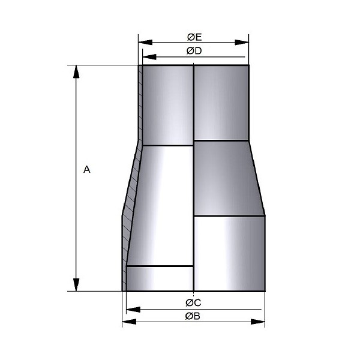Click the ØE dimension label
(x=194, y=37)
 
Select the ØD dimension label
(x=194, y=51)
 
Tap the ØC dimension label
(x=193, y=302)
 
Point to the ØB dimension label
(x=193, y=316)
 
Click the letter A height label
(x=87, y=169)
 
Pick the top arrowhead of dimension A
(x=76, y=72)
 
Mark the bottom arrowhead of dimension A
(x=76, y=284)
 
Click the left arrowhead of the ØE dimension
(x=145, y=42)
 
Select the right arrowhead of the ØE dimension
(x=242, y=42)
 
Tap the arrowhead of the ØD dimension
(x=149, y=57)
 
